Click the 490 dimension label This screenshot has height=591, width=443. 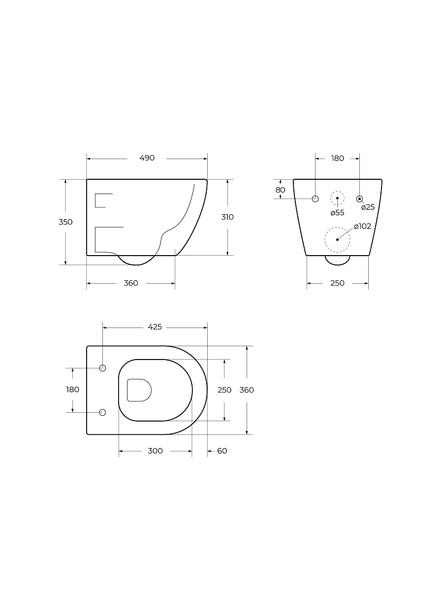click(x=147, y=158)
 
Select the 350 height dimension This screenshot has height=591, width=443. click(x=65, y=222)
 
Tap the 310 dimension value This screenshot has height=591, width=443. click(x=227, y=217)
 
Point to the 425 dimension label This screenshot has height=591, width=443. click(x=155, y=327)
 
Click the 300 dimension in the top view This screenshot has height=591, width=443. click(x=155, y=451)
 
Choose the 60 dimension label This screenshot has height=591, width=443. click(x=222, y=451)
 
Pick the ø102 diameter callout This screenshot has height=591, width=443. click(x=363, y=226)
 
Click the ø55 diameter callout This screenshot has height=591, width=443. click(x=337, y=213)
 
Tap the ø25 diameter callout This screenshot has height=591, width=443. click(x=368, y=207)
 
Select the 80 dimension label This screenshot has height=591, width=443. click(x=280, y=190)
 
